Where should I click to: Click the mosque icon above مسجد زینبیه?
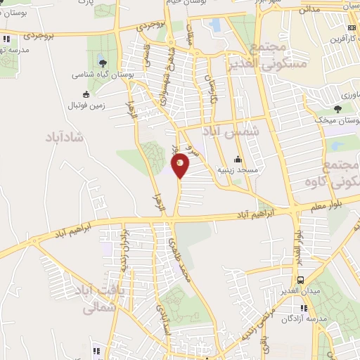[238, 159]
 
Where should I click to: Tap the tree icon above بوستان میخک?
[338, 108]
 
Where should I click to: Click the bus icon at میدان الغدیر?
[301, 280]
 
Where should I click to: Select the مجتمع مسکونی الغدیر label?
[269, 56]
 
